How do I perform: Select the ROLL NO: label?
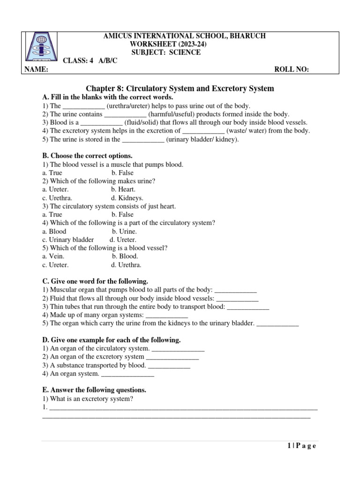point(291,69)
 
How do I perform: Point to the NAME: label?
point(36,69)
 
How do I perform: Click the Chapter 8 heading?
point(180,88)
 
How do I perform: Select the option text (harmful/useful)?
point(171,114)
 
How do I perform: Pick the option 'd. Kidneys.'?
point(127,198)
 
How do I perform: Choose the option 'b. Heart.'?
point(123,189)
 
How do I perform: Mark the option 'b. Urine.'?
point(124,231)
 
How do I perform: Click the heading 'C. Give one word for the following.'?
point(95,281)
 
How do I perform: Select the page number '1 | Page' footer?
point(301,446)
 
